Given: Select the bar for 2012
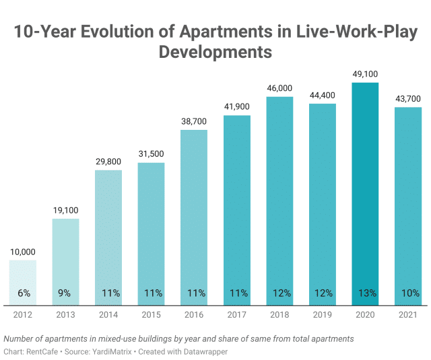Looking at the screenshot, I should point(22,283).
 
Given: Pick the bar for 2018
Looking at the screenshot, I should point(279,201).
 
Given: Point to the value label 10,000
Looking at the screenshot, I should point(22,252).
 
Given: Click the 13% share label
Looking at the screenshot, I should point(365,293).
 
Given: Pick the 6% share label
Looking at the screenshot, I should point(22,293).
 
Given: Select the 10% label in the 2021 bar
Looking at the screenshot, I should point(408,293).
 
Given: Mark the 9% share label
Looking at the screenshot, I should point(65,293).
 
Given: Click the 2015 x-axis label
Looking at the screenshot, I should point(151,314).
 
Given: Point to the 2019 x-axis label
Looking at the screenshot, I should point(323,314).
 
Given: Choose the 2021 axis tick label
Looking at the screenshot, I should point(408,314).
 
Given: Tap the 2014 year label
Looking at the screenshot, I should point(108,314).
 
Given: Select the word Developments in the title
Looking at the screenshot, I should point(215,52).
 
